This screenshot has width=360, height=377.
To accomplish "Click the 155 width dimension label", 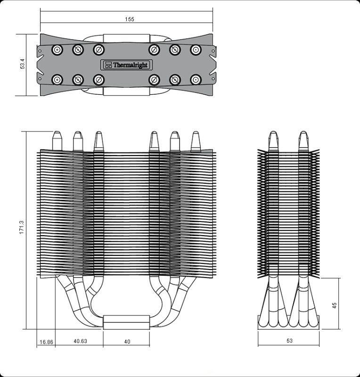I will pyautogui.click(x=130, y=19).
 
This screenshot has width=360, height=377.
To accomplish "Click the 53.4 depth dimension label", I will pyautogui.click(x=22, y=65).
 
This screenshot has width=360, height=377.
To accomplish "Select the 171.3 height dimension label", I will pyautogui.click(x=22, y=228).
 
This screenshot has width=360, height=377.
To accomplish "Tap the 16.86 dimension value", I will pyautogui.click(x=46, y=342).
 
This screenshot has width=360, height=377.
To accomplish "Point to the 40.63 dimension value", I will pyautogui.click(x=80, y=341).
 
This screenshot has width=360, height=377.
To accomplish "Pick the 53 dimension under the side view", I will pyautogui.click(x=289, y=341).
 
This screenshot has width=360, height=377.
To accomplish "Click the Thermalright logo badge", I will pyautogui.click(x=126, y=65).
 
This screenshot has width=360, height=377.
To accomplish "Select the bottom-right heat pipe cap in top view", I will pyautogui.click(x=196, y=79).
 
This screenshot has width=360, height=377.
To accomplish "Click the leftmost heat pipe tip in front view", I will pyautogui.click(x=57, y=140).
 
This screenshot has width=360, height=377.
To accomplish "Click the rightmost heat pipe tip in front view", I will pyautogui.click(x=196, y=140).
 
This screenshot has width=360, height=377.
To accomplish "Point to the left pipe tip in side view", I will pyautogui.click(x=273, y=140).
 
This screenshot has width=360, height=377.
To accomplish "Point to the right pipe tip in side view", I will pyautogui.click(x=304, y=140).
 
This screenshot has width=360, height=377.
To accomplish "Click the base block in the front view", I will pyautogui.click(x=126, y=322).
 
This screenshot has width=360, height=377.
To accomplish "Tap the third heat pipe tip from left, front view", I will pyautogui.click(x=98, y=140).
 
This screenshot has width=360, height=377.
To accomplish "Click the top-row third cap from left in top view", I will pyautogui.click(x=98, y=49).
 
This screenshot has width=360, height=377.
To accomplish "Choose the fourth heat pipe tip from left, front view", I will pyautogui.click(x=154, y=140).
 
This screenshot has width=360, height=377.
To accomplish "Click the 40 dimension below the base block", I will pyautogui.click(x=127, y=341).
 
